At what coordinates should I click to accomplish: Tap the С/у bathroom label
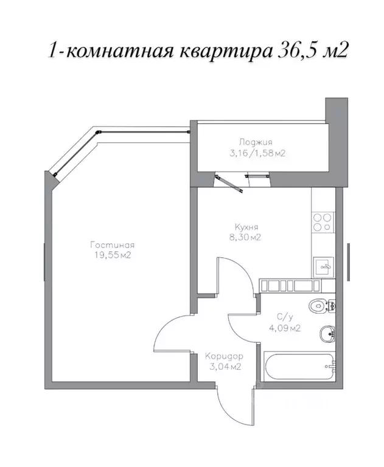coord(285,317)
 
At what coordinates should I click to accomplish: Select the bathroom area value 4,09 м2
coord(285,328)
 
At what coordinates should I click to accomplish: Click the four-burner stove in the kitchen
coord(323,223)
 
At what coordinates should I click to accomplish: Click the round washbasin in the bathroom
coord(327,332)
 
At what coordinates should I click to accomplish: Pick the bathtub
coord(298,367)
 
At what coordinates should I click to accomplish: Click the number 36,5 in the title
coord(293,50)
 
